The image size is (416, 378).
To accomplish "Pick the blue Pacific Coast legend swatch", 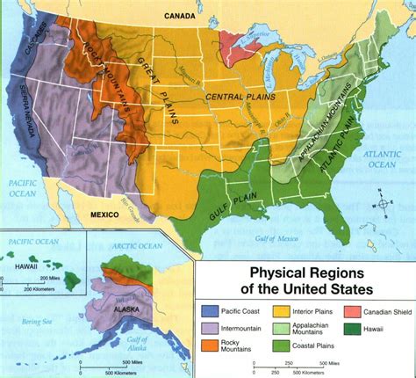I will coord(211,309).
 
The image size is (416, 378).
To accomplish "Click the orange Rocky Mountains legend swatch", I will coord(211,345).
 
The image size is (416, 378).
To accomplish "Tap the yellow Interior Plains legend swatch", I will coord(282,309).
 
